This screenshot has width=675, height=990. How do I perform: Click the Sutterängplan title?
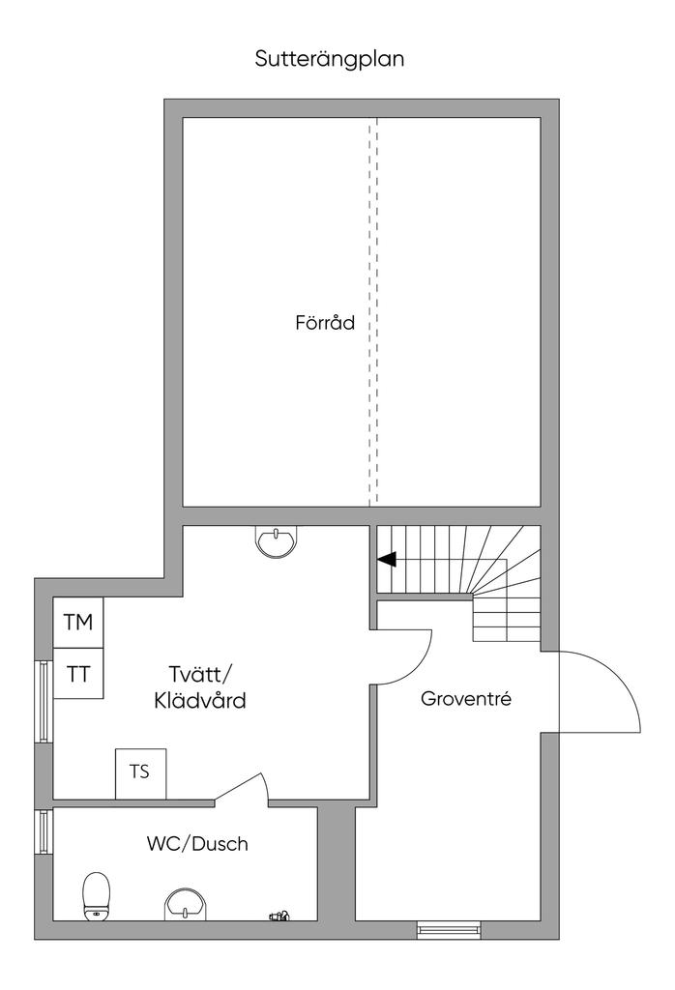tap(329, 59)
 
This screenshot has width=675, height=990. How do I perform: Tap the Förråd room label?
tap(325, 323)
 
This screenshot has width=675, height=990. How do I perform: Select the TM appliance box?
tap(78, 623)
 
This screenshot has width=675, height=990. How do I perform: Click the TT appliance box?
tap(78, 674)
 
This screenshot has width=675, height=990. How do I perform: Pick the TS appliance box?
tap(140, 773)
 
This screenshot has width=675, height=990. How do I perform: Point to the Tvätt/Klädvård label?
tap(200, 687)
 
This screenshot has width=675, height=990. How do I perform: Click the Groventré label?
tap(466, 699)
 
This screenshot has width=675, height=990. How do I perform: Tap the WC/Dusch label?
tap(197, 843)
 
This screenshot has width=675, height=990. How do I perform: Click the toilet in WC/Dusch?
tap(97, 896)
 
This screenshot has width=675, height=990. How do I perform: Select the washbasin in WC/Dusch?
tap(185, 905)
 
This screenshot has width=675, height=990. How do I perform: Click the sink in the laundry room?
tap(276, 541)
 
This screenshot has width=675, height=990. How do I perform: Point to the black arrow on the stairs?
tap(387, 559)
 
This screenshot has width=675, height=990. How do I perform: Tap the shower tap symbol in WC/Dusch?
tap(279, 915)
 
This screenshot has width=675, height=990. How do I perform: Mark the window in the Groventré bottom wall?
tap(449, 929)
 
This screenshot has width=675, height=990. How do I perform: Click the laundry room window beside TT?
tap(44, 701)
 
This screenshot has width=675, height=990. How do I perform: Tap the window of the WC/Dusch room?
tap(44, 831)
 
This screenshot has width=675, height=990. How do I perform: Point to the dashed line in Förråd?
tap(373, 312)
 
